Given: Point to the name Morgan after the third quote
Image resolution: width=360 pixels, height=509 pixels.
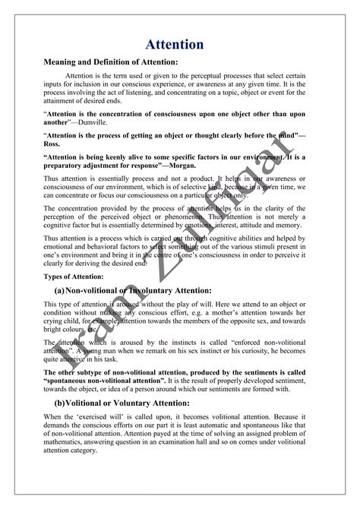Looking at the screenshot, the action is click(178, 165).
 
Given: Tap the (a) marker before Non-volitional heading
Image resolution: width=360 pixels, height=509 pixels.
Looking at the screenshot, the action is click(58, 290).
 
